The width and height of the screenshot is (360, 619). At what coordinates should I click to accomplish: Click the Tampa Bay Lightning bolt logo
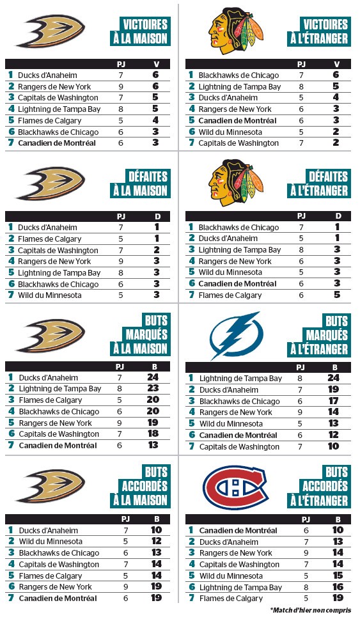(x=236, y=336)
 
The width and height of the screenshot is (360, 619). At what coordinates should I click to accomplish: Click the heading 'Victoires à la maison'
(x=145, y=31)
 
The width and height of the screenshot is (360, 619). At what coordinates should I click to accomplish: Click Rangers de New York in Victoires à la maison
(x=54, y=86)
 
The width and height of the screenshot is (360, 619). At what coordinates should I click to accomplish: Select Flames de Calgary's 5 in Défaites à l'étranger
(x=338, y=295)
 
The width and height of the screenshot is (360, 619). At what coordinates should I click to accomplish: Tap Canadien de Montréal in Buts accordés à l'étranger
(x=237, y=530)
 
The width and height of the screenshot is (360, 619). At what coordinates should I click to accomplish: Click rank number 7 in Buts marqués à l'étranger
(x=191, y=446)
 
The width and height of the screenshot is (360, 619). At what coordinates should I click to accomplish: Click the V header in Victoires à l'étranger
(x=337, y=64)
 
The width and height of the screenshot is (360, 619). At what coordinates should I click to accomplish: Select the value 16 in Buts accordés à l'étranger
(x=337, y=587)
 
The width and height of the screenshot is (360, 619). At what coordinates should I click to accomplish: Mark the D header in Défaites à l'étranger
(x=338, y=216)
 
